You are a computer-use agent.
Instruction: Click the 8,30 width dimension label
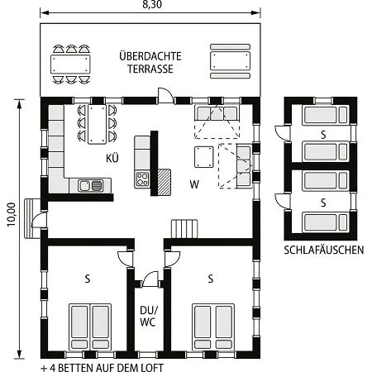(x=152, y=4)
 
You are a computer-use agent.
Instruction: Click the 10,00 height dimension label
(x=12, y=215)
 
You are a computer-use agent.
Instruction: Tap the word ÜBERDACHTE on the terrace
(x=150, y=56)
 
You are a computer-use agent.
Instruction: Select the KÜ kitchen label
(x=112, y=158)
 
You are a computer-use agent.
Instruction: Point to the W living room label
(x=194, y=184)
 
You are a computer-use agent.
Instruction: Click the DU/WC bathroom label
(x=149, y=316)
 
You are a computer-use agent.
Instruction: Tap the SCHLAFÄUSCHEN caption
(x=324, y=250)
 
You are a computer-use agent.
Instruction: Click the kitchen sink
(x=90, y=185)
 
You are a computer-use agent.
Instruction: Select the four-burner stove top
(x=142, y=179)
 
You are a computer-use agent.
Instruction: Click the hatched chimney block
(x=165, y=182)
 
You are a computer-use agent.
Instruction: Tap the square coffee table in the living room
(x=204, y=157)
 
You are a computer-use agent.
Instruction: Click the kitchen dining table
(x=97, y=124)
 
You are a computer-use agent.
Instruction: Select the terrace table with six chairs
(x=70, y=64)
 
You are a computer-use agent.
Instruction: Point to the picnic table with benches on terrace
(x=230, y=61)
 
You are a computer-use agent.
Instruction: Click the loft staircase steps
(x=184, y=228)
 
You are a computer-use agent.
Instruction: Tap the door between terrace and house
(x=165, y=96)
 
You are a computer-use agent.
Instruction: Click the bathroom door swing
(x=150, y=279)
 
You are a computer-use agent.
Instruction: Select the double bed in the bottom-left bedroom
(x=90, y=327)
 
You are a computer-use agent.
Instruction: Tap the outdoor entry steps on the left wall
(x=32, y=218)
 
